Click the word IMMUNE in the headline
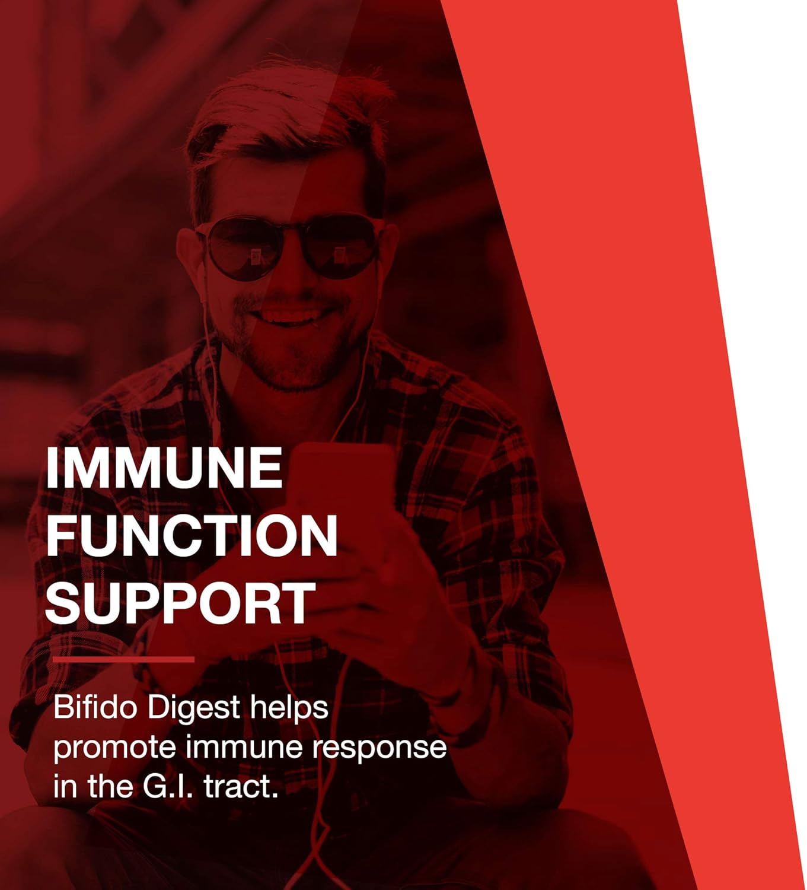tap(164, 468)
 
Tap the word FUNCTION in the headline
tap(192, 535)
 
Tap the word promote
tap(114, 748)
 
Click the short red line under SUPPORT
tap(123, 659)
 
